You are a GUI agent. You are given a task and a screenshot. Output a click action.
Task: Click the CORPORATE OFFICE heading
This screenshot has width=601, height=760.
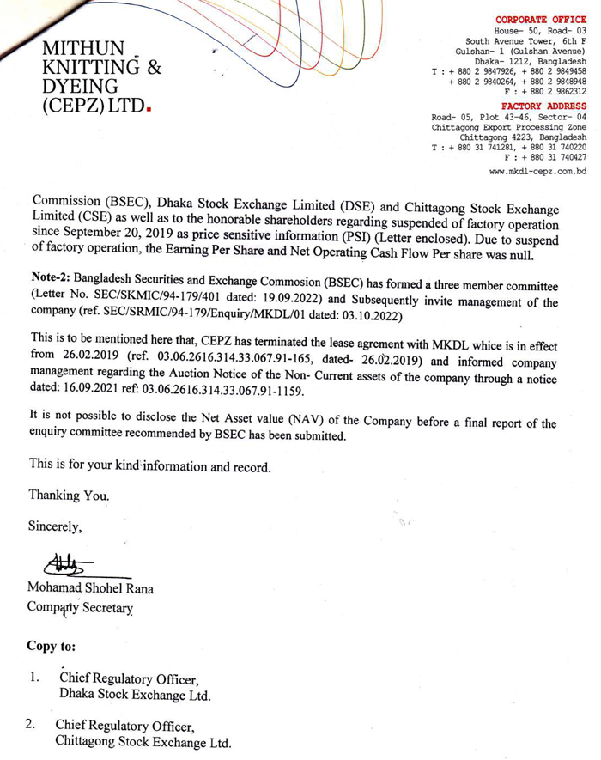click(x=541, y=19)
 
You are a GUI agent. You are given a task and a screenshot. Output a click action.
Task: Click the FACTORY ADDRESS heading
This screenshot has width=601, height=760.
click(x=544, y=106)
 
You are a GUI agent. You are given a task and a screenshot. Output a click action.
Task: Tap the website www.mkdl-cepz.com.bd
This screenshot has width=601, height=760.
click(x=537, y=172)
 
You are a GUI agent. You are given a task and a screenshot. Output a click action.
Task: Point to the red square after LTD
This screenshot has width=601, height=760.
click(x=150, y=108)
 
